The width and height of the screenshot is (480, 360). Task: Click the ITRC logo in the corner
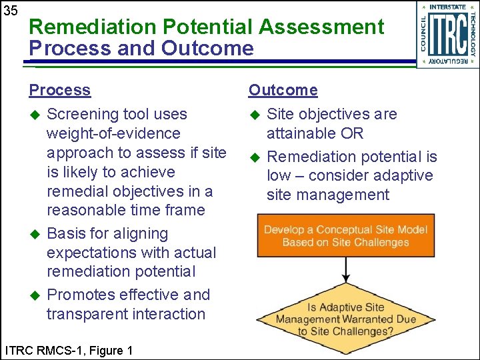click(x=447, y=35)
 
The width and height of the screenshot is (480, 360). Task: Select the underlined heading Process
click(x=59, y=90)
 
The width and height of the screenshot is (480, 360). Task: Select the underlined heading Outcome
click(x=283, y=90)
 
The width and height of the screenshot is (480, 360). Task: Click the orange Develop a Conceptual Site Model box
click(x=345, y=236)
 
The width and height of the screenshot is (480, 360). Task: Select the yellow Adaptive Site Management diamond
click(x=345, y=319)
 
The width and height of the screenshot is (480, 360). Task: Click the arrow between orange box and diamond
click(x=345, y=269)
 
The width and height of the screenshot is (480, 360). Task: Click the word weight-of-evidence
click(x=113, y=133)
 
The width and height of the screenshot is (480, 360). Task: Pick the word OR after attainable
click(x=351, y=133)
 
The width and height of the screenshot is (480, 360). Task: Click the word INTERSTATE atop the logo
click(x=447, y=7)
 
